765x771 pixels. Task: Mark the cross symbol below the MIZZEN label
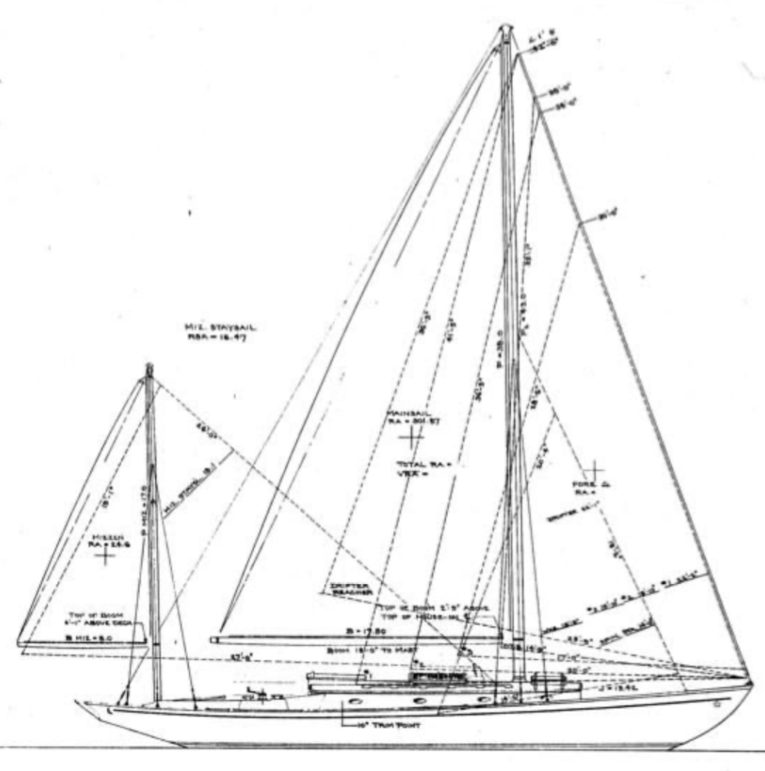click(x=106, y=555)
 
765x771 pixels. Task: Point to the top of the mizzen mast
click(x=149, y=366)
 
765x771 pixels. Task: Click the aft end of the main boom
click(x=213, y=639)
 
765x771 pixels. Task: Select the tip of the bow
click(x=749, y=678)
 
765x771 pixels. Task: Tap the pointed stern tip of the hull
click(x=77, y=702)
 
